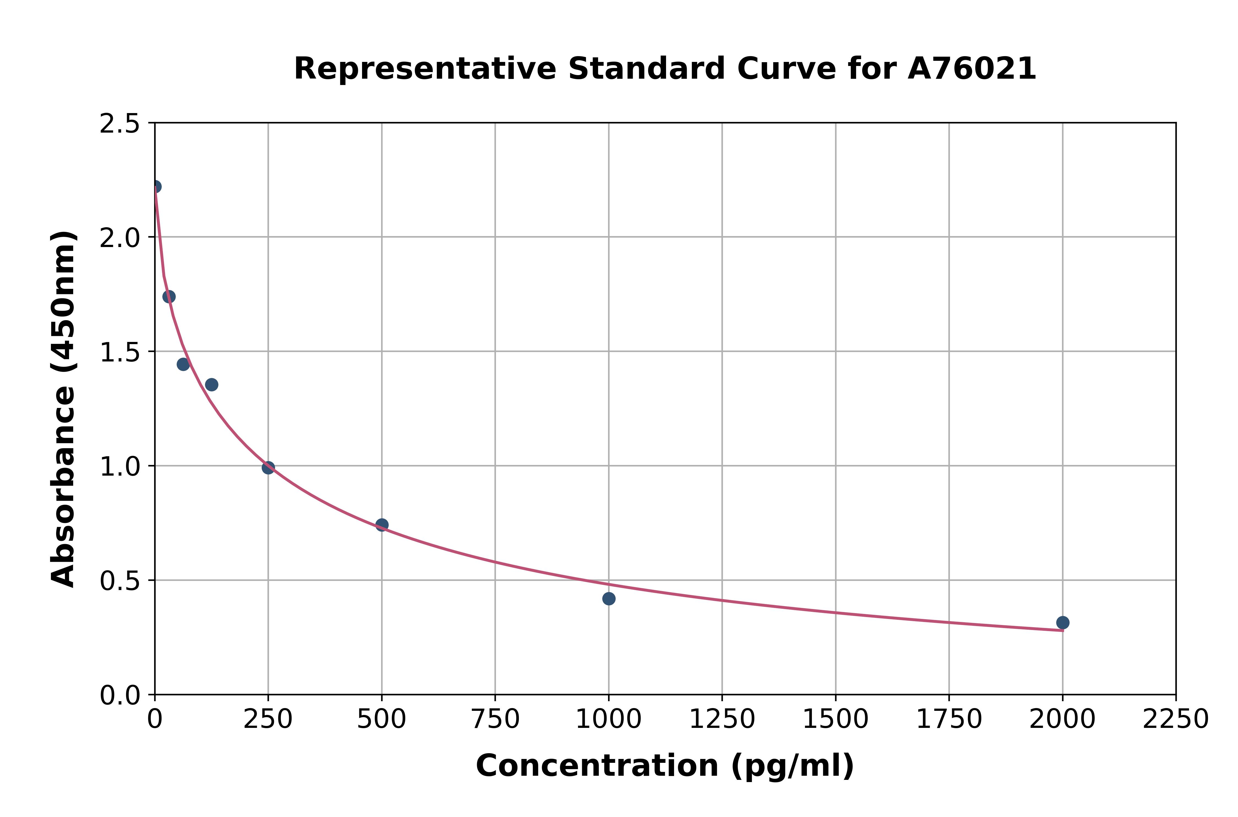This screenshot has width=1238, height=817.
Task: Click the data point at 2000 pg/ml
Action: (1062, 623)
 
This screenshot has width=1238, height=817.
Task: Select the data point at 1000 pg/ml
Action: (609, 599)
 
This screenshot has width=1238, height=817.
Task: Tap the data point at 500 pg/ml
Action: (382, 525)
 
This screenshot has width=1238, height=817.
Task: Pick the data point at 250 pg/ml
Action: (268, 467)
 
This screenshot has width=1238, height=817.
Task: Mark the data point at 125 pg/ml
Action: (212, 385)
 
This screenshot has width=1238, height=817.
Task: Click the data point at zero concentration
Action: (155, 187)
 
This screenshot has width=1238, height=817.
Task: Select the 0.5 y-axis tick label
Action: (120, 581)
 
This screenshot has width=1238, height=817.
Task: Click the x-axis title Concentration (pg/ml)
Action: (665, 766)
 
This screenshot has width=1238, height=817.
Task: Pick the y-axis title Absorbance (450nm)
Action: (64, 409)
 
